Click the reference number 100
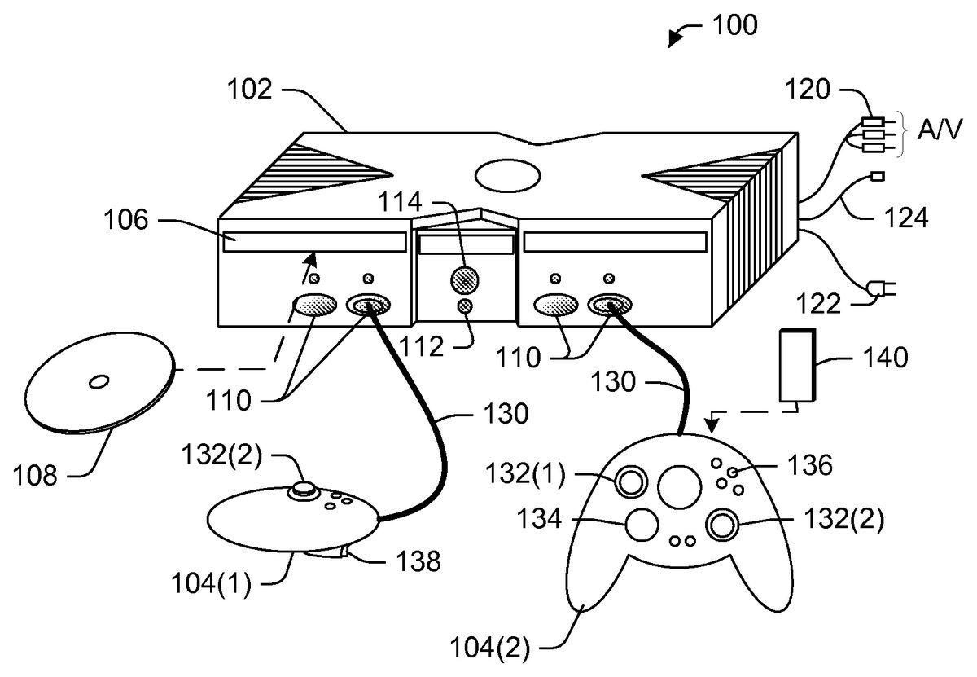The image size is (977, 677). click(734, 25)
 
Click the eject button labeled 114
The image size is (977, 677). click(465, 279)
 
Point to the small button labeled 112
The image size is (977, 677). click(465, 306)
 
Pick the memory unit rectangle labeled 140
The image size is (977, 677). click(796, 367)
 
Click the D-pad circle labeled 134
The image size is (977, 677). click(642, 525)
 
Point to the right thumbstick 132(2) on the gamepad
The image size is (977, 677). click(722, 525)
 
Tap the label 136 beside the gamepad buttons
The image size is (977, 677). click(809, 465)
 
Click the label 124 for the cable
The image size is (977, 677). click(905, 218)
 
